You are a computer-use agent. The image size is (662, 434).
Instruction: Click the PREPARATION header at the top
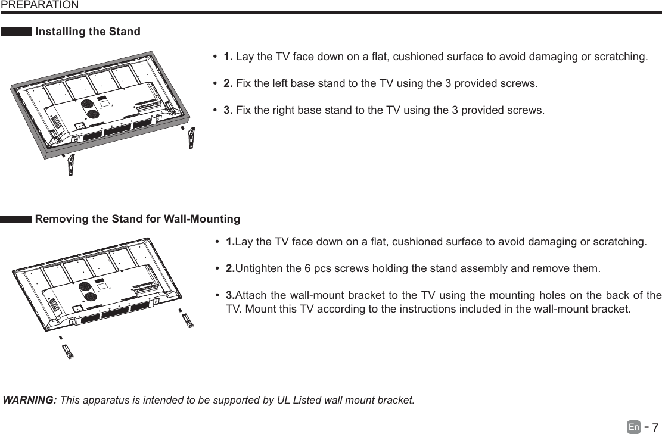click(x=39, y=5)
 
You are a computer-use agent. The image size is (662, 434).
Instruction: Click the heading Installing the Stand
click(x=88, y=32)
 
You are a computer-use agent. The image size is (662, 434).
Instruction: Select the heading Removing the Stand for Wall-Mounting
click(x=138, y=220)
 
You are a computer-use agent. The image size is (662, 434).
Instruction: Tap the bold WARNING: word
click(x=30, y=399)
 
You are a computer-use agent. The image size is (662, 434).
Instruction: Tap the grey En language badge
click(x=633, y=427)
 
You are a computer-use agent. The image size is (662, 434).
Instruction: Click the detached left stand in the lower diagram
click(x=68, y=352)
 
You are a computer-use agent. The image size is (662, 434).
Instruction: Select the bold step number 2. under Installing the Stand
click(x=228, y=82)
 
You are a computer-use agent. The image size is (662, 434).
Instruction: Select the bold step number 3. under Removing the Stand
click(x=231, y=296)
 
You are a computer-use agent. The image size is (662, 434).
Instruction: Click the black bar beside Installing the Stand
click(x=16, y=32)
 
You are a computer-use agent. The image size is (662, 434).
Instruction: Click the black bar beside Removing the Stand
click(x=16, y=220)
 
